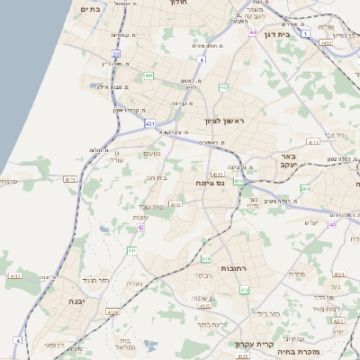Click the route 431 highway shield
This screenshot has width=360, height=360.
(149, 123)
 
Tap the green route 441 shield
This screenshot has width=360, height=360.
(149, 76)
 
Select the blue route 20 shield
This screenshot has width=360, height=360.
(253, 32)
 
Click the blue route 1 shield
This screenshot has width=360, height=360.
(306, 33)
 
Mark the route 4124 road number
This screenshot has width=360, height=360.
(113, 311)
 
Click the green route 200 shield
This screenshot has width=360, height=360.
(305, 189)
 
